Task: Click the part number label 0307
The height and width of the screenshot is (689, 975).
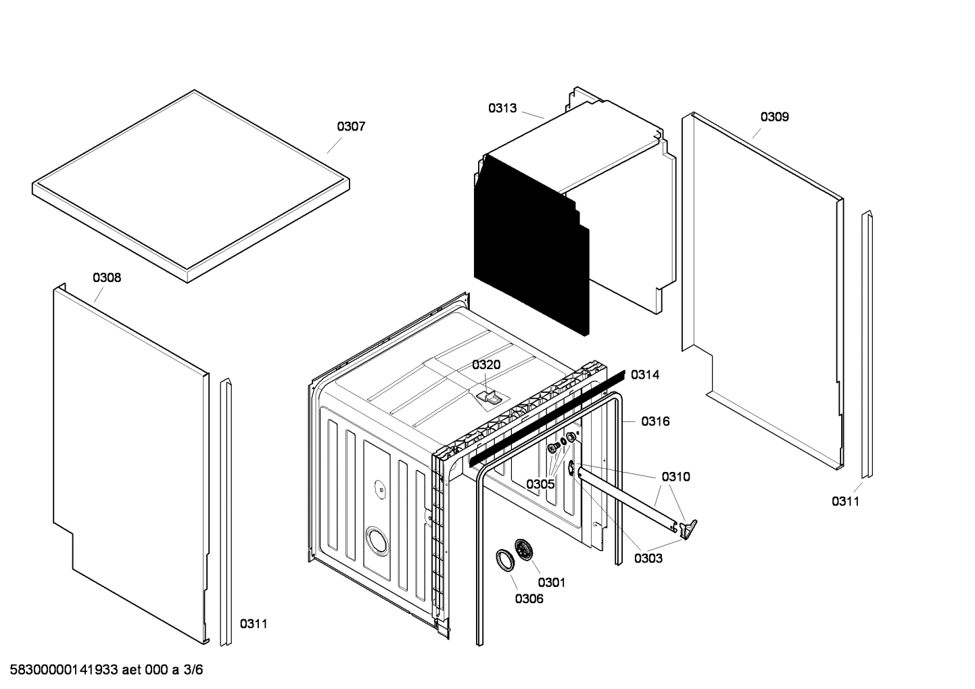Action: (x=351, y=126)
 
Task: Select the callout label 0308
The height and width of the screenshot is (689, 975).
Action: (x=107, y=277)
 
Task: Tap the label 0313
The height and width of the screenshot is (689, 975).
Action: (x=502, y=108)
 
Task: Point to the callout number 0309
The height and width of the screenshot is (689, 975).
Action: (x=774, y=117)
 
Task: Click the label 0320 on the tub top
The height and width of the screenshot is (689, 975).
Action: (x=486, y=365)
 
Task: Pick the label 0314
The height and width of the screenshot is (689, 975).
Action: (x=644, y=375)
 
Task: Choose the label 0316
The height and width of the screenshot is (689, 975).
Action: (x=655, y=422)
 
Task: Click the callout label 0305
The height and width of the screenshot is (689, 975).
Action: (x=540, y=484)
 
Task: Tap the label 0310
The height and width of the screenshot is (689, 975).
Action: (x=675, y=477)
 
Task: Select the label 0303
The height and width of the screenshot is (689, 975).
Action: (x=648, y=558)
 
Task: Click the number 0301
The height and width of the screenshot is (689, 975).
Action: (x=552, y=582)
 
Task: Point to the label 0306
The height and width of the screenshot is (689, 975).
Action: (x=529, y=598)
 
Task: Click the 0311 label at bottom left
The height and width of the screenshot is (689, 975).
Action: (x=254, y=623)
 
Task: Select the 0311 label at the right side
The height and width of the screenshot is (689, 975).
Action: (x=845, y=501)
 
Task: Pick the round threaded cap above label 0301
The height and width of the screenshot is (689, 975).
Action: (x=523, y=550)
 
